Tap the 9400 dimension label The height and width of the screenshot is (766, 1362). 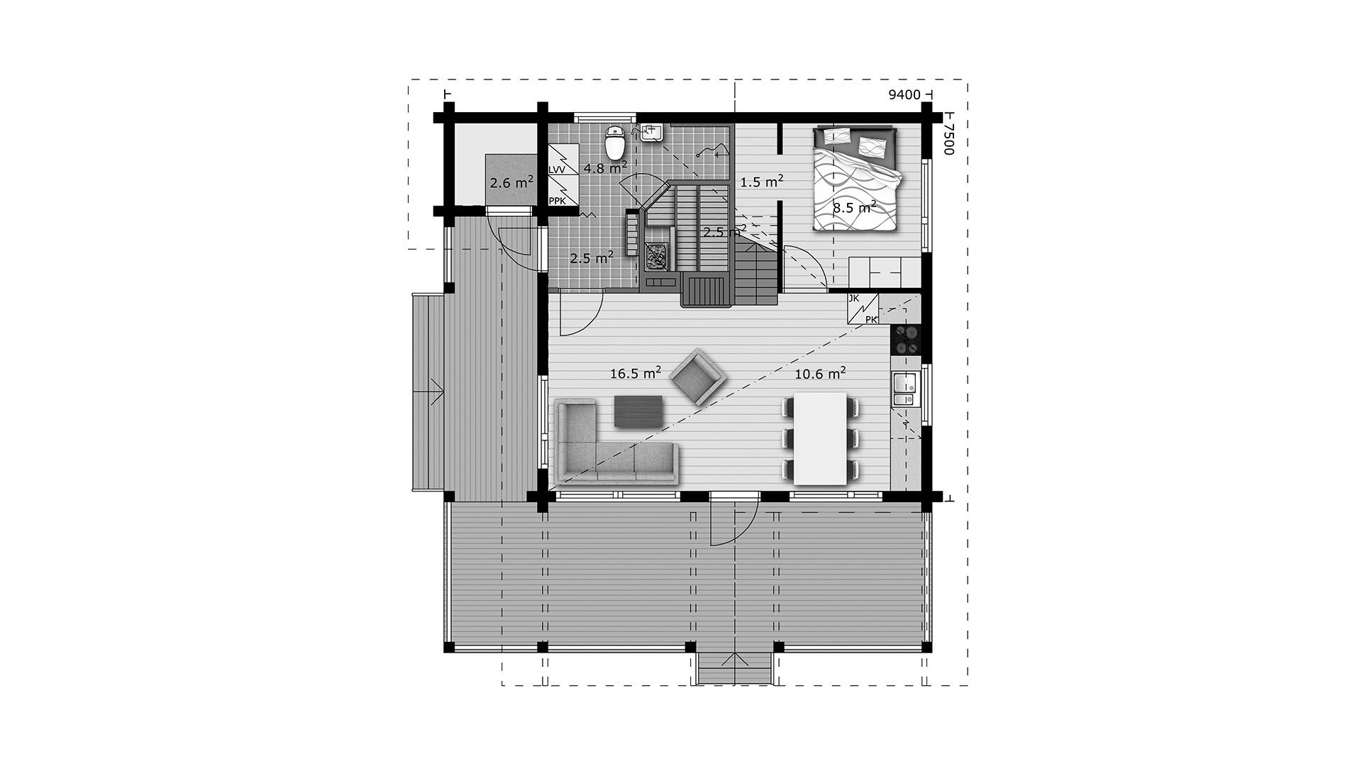[x=904, y=95]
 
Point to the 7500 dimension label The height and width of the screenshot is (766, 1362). [x=951, y=138]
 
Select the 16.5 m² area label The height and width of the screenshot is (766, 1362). [x=636, y=372]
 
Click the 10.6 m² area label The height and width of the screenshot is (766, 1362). [x=820, y=373]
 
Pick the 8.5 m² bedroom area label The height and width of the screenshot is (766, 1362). [x=855, y=207]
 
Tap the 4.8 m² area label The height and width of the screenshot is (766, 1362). [x=605, y=167]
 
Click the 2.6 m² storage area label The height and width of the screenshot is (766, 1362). [x=511, y=182]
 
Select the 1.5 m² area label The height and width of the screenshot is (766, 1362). [x=762, y=182]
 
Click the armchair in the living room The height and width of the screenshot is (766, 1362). [x=698, y=377]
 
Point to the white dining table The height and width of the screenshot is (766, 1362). [x=821, y=438]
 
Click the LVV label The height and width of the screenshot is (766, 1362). [x=557, y=170]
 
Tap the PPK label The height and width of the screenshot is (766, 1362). [x=557, y=201]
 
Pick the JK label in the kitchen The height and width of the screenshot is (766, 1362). [x=854, y=299]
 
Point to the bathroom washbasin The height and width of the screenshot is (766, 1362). [x=651, y=133]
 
